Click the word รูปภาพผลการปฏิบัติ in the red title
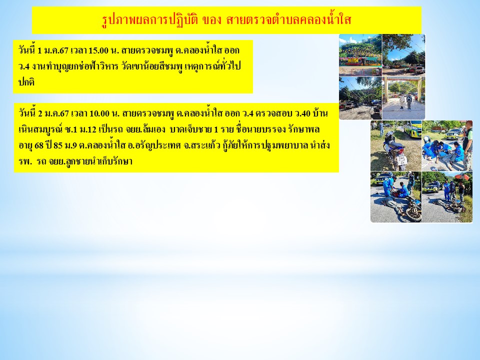click(x=150, y=20)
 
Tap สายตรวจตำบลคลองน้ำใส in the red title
click(x=288, y=20)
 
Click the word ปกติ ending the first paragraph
click(x=26, y=82)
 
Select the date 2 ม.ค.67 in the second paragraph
click(x=53, y=114)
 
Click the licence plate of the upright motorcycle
click(x=402, y=160)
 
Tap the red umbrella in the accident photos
click(x=462, y=177)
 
